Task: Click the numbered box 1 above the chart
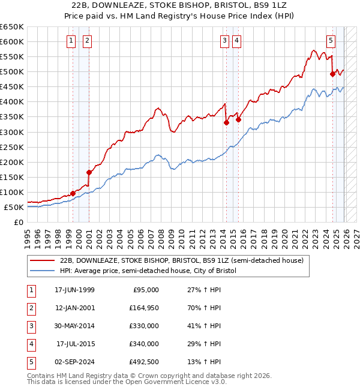pyautogui.click(x=71, y=41)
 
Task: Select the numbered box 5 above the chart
pyautogui.click(x=331, y=41)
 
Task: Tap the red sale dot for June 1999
pyautogui.click(x=73, y=193)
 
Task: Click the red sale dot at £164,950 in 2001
pyautogui.click(x=89, y=172)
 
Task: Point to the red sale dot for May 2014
pyautogui.click(x=226, y=122)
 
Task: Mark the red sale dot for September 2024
pyautogui.click(x=332, y=74)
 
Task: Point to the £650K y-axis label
pyautogui.click(x=12, y=27)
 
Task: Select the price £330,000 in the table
pyautogui.click(x=144, y=326)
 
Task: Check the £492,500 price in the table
pyautogui.click(x=144, y=362)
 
